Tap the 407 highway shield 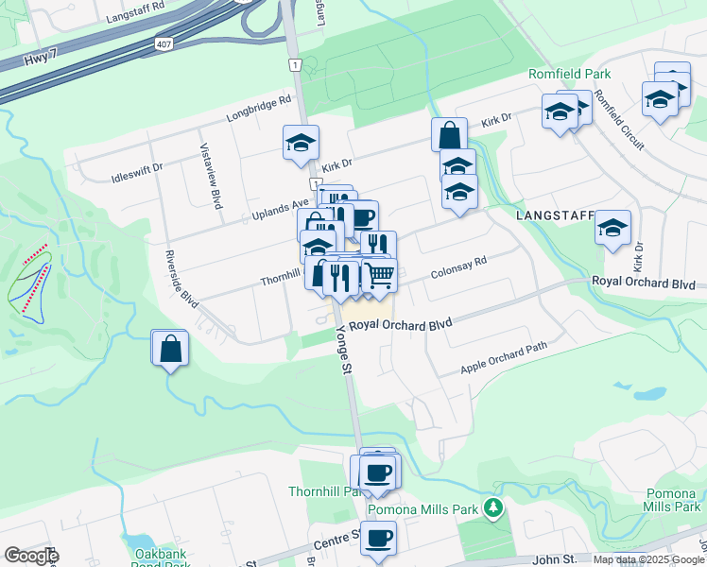(164, 43)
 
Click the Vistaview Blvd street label (210, 175)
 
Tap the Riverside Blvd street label (181, 279)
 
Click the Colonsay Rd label (457, 268)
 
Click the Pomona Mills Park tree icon (491, 510)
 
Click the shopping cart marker (379, 275)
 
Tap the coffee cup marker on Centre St (378, 538)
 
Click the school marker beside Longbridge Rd (302, 143)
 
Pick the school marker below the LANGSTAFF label (613, 228)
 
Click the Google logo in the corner (30, 556)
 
